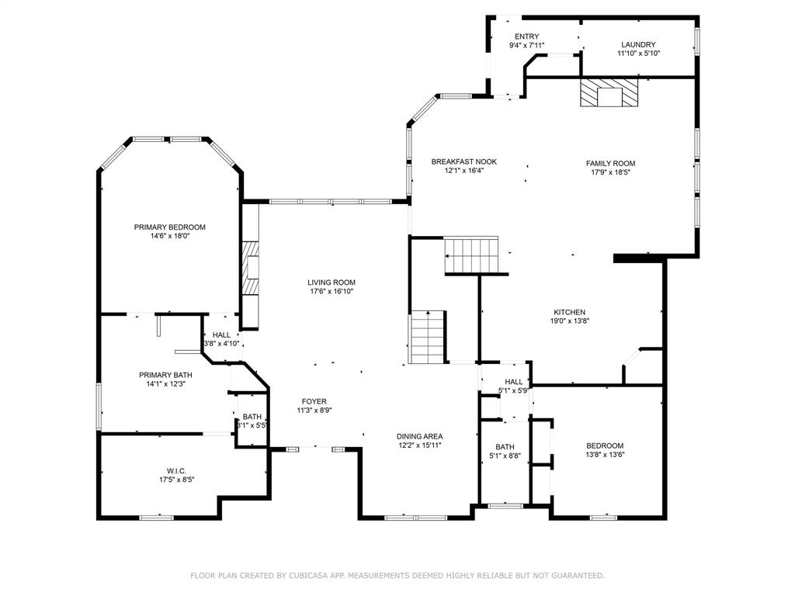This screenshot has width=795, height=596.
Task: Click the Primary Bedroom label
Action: [169, 227]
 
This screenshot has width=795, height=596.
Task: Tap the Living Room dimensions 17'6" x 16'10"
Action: [332, 292]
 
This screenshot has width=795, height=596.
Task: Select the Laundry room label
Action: [638, 44]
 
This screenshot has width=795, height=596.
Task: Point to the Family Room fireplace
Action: [609, 92]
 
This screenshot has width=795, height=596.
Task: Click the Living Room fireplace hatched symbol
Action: [250, 268]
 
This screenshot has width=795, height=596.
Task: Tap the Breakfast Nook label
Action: [464, 161]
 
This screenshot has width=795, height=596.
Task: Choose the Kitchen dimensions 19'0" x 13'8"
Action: [569, 321]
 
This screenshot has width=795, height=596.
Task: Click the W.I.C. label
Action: [176, 471]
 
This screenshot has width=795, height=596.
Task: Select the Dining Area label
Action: [419, 436]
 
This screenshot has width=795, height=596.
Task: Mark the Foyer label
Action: [314, 401]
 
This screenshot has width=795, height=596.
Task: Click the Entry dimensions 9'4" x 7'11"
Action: [527, 45]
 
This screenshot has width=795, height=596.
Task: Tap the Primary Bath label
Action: [165, 375]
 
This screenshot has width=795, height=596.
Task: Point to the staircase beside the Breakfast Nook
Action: [471, 255]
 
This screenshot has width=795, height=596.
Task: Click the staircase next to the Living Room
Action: [428, 337]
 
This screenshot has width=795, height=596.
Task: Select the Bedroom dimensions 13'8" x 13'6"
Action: [605, 455]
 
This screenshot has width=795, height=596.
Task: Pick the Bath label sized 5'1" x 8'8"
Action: [505, 447]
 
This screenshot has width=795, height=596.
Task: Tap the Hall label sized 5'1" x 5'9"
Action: [514, 382]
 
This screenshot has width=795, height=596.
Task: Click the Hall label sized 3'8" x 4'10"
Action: [221, 335]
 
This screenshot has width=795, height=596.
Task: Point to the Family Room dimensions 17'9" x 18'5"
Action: [610, 172]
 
